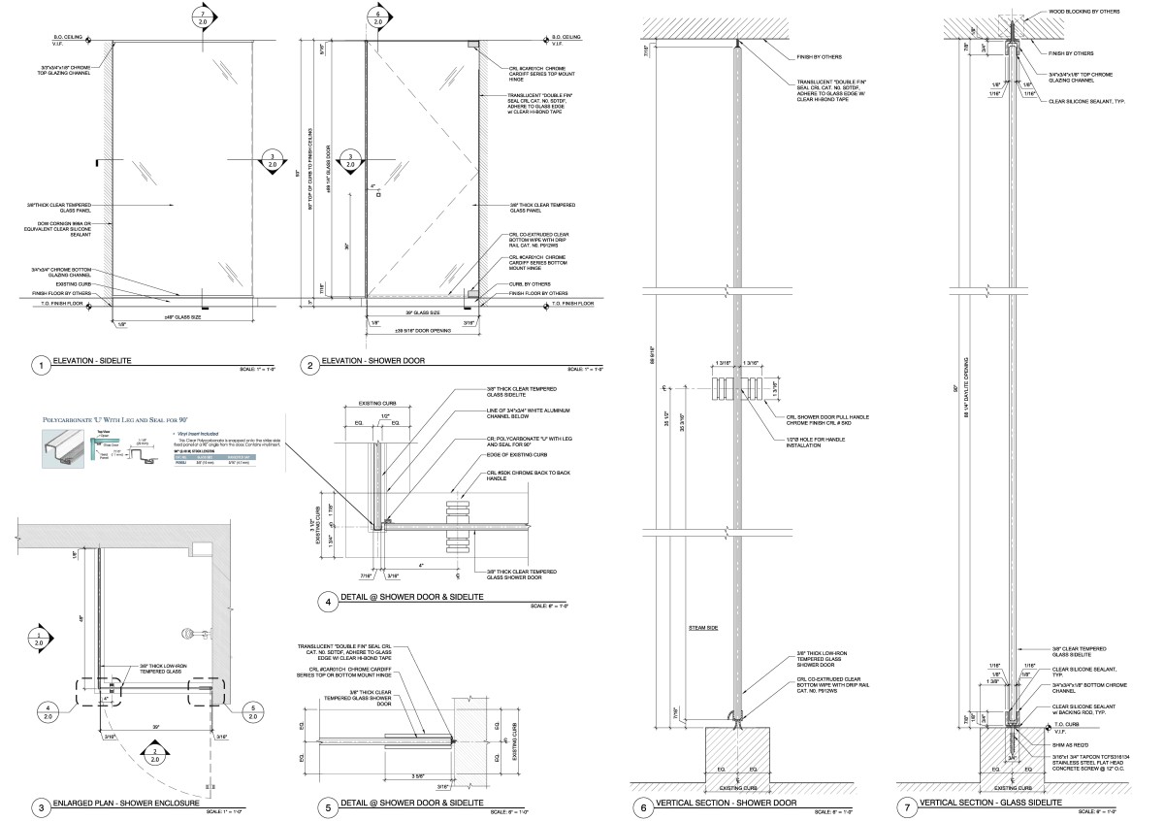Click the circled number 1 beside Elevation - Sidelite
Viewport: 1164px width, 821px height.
[x=40, y=366]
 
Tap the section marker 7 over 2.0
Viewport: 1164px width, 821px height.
[x=201, y=16]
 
